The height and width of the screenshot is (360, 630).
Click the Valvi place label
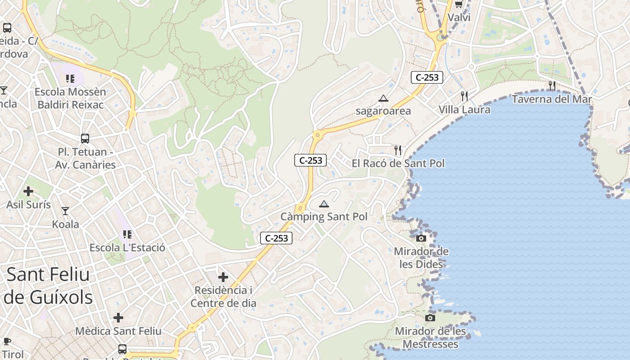click(459, 18)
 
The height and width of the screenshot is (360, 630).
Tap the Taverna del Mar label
click(552, 99)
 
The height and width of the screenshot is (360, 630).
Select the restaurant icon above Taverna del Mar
click(552, 85)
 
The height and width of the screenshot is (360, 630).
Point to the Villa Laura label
click(464, 109)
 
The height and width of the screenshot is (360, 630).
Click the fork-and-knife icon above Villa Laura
click(464, 96)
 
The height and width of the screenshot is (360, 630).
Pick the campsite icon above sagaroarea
click(383, 98)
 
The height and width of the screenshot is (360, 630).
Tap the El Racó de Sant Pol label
click(398, 163)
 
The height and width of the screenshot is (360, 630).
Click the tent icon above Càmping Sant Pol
click(324, 204)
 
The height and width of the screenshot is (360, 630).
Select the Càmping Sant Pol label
click(324, 216)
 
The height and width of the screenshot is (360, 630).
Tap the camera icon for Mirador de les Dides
click(421, 238)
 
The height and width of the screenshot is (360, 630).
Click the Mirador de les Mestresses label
click(430, 338)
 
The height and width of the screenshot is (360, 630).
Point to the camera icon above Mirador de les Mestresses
click(430, 318)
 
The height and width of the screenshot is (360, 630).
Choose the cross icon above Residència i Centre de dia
click(223, 277)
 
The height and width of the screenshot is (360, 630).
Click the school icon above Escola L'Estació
click(127, 234)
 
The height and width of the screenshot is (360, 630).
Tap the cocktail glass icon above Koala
click(65, 211)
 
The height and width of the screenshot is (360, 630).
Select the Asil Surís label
click(28, 205)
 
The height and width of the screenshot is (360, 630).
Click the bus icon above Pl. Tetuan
click(85, 139)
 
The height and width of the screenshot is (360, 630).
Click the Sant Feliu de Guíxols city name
click(48, 286)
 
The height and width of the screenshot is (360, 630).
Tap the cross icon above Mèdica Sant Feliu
click(118, 318)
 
